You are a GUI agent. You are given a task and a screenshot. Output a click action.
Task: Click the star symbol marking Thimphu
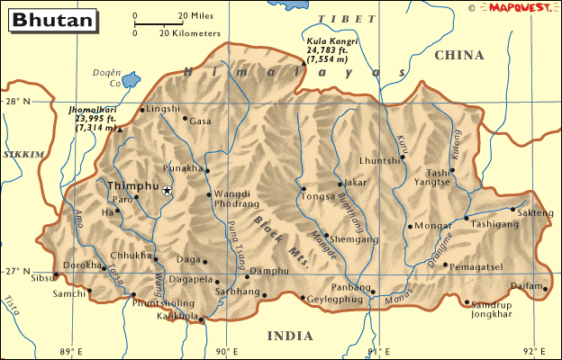(x=167, y=190)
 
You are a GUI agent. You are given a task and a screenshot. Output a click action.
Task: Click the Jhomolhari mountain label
(x=94, y=118)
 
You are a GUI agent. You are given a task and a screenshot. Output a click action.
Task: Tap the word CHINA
(x=459, y=56)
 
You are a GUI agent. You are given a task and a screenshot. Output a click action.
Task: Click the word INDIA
(x=290, y=336)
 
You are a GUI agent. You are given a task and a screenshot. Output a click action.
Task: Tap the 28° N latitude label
(x=21, y=102)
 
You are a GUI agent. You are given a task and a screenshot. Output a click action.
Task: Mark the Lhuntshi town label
(x=378, y=160)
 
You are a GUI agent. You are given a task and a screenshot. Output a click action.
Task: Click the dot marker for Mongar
(x=410, y=227)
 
